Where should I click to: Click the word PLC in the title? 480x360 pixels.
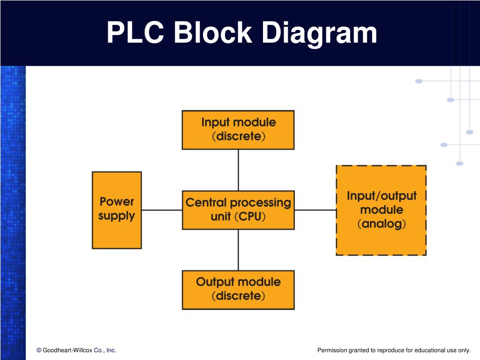click(x=135, y=32)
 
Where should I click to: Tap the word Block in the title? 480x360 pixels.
click(x=213, y=32)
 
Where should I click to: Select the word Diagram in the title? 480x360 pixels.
click(x=319, y=34)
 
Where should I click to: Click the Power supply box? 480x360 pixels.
click(x=117, y=210)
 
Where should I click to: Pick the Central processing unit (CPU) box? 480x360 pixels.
click(x=238, y=210)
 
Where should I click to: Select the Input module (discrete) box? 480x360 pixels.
click(x=238, y=130)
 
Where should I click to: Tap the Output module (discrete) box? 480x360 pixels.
click(x=238, y=290)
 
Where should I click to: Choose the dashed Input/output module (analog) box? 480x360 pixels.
click(x=381, y=210)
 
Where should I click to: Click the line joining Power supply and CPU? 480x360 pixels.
click(x=162, y=210)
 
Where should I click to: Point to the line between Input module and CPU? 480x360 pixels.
click(x=239, y=170)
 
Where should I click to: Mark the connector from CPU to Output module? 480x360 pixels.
click(x=239, y=250)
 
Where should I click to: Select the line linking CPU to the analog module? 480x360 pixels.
click(x=315, y=210)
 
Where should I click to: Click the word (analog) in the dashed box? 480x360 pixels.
click(x=382, y=224)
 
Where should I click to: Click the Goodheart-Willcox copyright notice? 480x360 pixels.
click(x=76, y=350)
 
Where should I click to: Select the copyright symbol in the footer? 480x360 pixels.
click(x=39, y=350)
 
